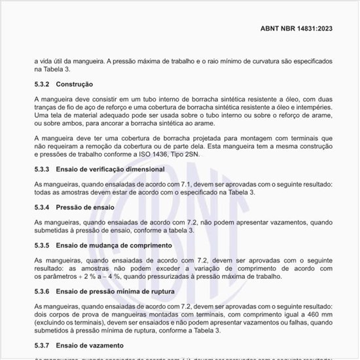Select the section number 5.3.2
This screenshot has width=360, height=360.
click(43, 84)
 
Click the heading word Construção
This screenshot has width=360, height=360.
click(74, 84)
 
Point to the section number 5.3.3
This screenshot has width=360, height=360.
click(43, 170)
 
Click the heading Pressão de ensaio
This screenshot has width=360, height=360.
click(85, 207)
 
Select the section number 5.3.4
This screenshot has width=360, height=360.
click(43, 207)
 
